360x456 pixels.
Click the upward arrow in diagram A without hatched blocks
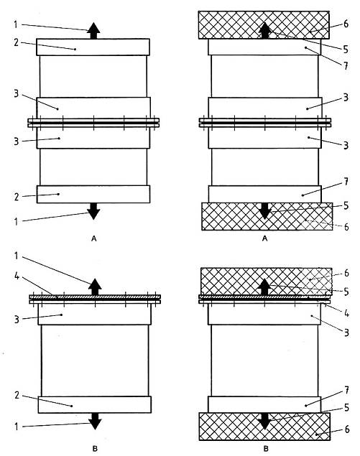point(93,31)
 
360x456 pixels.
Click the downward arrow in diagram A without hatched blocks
point(93,211)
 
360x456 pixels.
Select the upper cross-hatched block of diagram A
point(264,25)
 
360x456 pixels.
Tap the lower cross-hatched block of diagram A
point(267,216)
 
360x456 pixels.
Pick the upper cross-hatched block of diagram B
point(267,281)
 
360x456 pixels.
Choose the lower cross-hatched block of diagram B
point(264,426)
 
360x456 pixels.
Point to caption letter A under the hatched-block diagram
point(264,238)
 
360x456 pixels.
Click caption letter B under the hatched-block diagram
point(266,448)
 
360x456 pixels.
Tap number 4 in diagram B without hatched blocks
point(17,276)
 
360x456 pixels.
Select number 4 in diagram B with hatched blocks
point(346,313)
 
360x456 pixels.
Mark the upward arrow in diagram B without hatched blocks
point(95,287)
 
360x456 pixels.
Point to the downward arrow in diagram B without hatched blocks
point(95,422)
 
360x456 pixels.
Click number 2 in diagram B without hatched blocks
point(17,395)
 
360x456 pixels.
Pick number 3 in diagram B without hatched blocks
point(17,320)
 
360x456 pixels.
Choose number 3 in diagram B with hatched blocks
point(346,332)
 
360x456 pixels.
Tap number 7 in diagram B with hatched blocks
point(346,390)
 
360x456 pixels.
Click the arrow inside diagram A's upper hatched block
point(264,31)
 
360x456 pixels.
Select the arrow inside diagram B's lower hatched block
point(264,421)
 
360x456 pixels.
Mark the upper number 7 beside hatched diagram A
point(346,66)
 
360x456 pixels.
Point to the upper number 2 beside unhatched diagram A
point(17,42)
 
